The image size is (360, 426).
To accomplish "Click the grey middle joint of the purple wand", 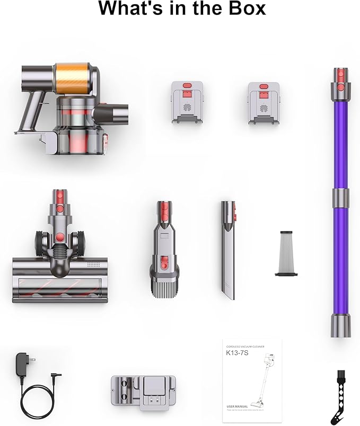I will pyautogui.click(x=340, y=198).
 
